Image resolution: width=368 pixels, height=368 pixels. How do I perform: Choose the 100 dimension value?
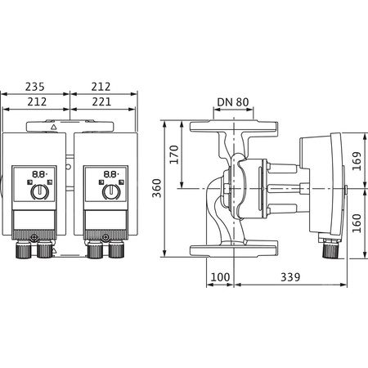(x=220, y=277)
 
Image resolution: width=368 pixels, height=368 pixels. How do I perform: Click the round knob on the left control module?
(x=38, y=192)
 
